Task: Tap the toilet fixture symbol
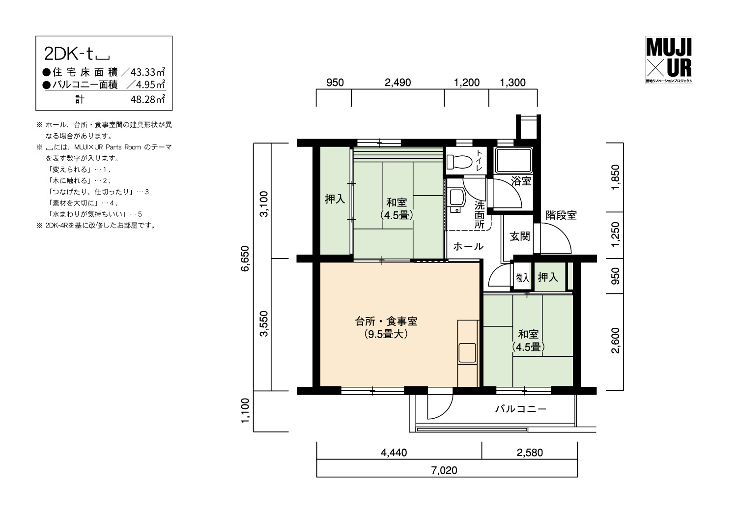[x=459, y=162]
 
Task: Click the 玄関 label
[x=520, y=236]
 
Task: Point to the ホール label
[x=468, y=246]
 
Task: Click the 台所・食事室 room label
[x=386, y=321]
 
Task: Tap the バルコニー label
[x=521, y=409]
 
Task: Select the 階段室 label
[x=561, y=215]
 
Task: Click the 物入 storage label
[x=522, y=277]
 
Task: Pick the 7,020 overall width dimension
[x=444, y=470]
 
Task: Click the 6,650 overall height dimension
[x=245, y=259]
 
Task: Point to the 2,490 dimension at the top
[x=398, y=82]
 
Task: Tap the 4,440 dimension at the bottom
[x=394, y=453]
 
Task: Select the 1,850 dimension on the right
[x=615, y=177]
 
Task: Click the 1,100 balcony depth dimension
[x=245, y=410]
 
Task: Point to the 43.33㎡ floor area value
[x=147, y=72]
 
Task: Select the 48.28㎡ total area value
[x=147, y=99]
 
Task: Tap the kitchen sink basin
[x=467, y=353]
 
